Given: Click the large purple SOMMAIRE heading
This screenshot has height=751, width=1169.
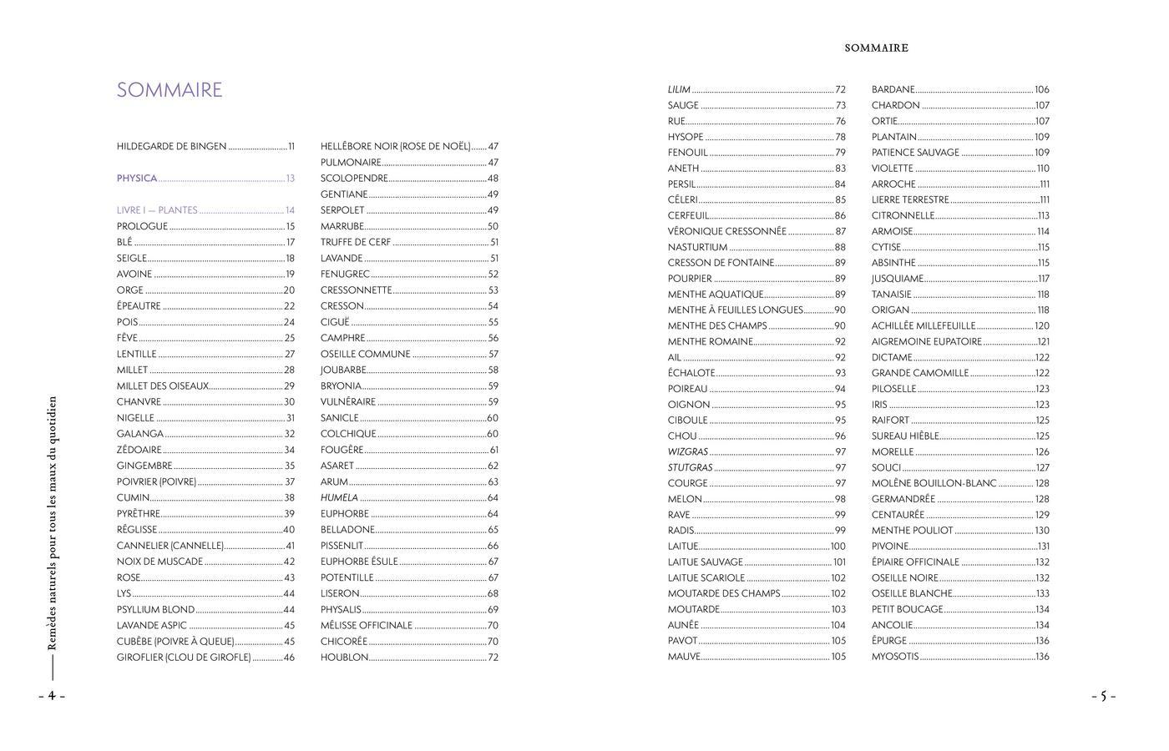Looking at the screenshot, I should (170, 90).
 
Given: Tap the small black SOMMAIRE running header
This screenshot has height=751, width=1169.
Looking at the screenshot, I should (876, 48).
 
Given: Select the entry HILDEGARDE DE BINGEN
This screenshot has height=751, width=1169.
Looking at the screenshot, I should (172, 147).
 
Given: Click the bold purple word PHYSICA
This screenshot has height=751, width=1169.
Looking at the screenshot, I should (137, 179).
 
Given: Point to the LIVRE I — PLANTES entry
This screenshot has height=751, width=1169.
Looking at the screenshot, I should (157, 210).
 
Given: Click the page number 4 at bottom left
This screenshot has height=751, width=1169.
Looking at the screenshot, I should (51, 696).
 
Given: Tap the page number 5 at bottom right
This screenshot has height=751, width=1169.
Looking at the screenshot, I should (1102, 696).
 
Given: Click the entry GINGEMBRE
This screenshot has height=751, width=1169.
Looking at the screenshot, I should (144, 466).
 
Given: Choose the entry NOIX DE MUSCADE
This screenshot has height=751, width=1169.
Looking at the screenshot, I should (160, 562).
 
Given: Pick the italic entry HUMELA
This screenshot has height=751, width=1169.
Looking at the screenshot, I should (339, 498).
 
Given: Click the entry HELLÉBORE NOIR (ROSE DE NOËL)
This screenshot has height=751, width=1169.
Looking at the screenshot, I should (395, 147).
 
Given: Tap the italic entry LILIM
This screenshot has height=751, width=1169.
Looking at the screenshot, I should (679, 89).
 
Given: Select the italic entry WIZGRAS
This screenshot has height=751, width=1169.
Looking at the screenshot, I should (688, 452).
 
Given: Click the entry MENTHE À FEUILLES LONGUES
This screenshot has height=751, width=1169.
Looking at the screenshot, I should (735, 310).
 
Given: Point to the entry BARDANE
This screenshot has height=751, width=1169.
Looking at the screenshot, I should (893, 89).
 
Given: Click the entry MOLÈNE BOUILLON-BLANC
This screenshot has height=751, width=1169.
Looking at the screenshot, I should (934, 484).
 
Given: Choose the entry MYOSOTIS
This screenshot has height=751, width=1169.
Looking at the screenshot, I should (895, 657).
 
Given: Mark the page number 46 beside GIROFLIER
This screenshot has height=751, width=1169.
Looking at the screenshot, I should (289, 658).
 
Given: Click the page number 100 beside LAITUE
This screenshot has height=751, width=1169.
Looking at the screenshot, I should (838, 547).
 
